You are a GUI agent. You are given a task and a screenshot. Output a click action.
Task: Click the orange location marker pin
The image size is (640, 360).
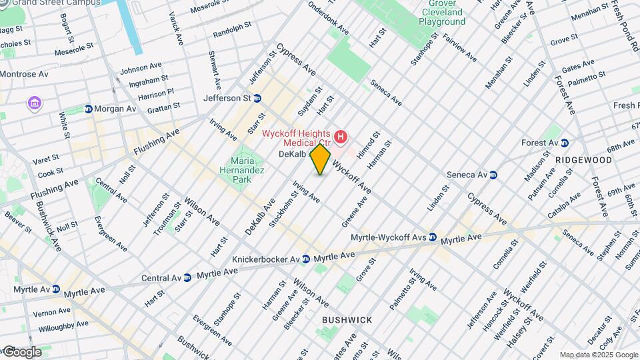click(321, 159)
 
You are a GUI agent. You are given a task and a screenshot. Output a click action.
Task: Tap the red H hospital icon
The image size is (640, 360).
click(341, 137)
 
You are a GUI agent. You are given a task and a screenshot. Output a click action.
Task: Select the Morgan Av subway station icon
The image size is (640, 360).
click(88, 109)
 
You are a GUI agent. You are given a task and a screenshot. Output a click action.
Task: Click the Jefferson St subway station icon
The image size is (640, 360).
click(257, 98)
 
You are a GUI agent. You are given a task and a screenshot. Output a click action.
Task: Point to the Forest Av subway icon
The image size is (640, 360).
click(564, 142)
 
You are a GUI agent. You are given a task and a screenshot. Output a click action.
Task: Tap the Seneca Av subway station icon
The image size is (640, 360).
click(493, 175)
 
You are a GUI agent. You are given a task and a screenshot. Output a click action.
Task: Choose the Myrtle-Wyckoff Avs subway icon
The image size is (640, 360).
click(433, 237)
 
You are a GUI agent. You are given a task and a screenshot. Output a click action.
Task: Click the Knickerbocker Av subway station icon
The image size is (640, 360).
click(305, 259)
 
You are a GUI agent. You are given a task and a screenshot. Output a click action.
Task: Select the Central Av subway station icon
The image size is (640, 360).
click(187, 277)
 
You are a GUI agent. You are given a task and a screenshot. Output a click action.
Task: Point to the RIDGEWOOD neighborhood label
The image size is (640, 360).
click(583, 160)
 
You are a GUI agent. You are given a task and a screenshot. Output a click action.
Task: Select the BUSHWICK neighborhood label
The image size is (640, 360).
click(347, 320)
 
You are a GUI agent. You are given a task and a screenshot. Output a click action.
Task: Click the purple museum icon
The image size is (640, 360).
click(33, 103)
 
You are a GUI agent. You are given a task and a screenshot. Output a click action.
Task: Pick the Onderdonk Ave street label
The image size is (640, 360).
click(327, 20)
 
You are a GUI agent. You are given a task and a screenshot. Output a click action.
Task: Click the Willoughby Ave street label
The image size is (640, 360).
click(62, 327)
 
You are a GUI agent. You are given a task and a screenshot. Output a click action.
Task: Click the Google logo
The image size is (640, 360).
click(21, 351)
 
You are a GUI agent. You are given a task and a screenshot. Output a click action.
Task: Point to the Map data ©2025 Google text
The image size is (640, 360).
click(598, 355)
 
